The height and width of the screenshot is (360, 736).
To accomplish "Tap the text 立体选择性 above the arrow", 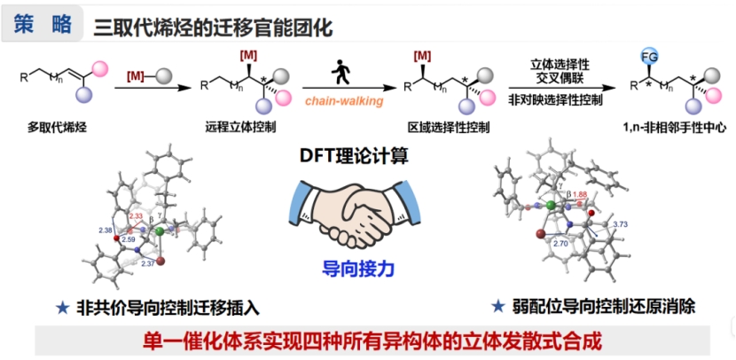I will click(560, 64).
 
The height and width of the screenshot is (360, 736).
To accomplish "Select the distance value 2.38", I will click(106, 231).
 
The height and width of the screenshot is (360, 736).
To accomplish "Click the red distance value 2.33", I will click(137, 215).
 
